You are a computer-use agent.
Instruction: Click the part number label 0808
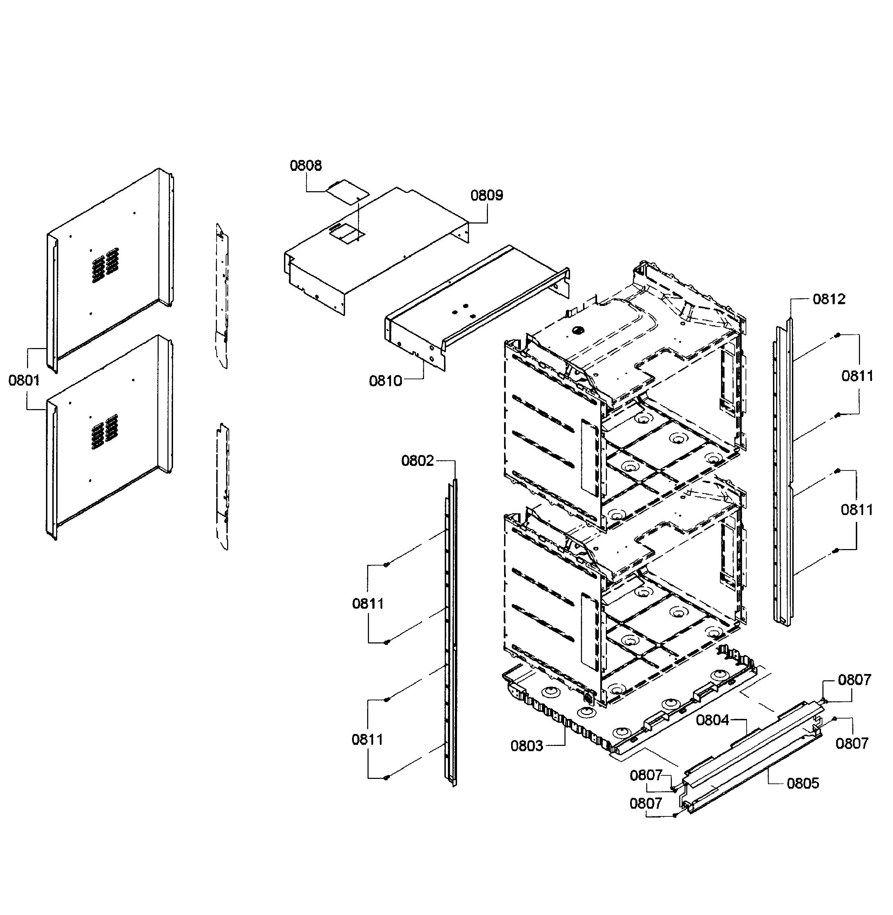pos(306,166)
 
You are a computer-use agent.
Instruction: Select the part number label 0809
pos(487,195)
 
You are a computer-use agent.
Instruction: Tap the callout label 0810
pos(385,381)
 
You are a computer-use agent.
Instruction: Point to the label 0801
pos(24,380)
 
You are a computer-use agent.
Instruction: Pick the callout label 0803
pos(526,745)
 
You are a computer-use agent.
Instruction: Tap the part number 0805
pos(802,783)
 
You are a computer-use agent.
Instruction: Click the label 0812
pos(829,299)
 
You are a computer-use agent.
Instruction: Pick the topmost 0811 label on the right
pos(857,376)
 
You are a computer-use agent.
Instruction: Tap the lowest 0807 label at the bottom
pos(646,803)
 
